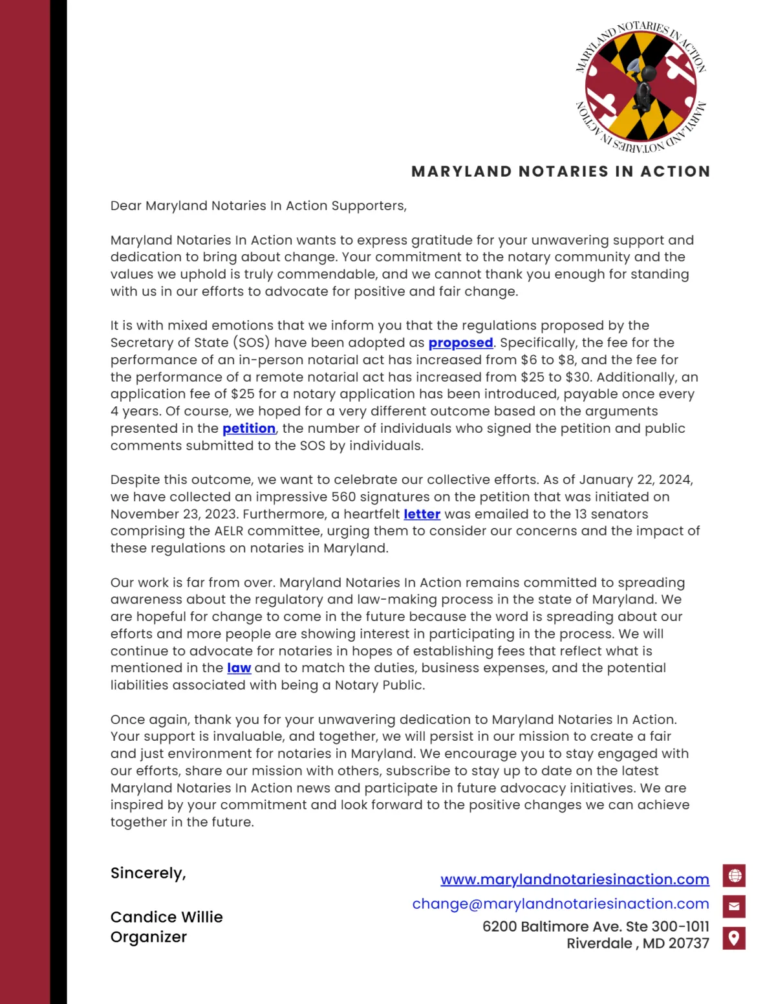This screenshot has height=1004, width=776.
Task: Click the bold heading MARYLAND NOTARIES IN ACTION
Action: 561,171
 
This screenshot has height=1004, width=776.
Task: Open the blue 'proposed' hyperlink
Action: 460,343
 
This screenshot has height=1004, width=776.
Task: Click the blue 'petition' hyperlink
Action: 249,428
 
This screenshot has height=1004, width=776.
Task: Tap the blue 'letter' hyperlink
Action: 422,514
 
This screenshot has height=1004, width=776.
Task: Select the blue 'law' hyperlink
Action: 239,668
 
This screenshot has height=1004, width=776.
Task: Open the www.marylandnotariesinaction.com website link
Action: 574,880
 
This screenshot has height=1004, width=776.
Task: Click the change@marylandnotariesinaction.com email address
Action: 560,904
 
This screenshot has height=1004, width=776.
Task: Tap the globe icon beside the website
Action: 734,876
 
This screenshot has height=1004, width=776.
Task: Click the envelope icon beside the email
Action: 734,906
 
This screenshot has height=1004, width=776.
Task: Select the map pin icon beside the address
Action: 734,937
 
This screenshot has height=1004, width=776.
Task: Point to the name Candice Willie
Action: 166,917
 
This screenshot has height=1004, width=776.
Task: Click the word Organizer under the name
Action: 148,937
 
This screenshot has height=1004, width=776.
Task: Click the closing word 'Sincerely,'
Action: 148,873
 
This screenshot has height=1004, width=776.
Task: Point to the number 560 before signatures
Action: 343,497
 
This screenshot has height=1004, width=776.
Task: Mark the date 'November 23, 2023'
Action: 173,514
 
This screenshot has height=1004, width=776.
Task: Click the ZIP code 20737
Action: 689,944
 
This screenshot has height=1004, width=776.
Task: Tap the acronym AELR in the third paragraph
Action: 229,531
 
